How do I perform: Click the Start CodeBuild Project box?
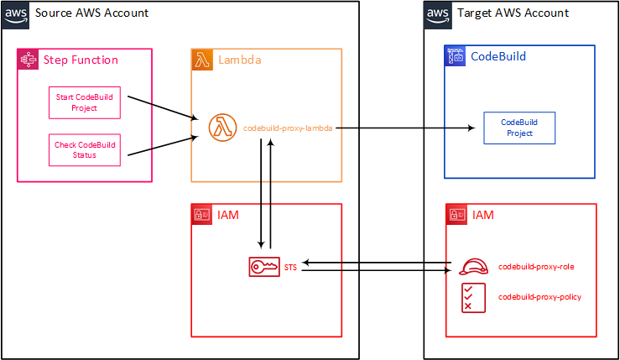pos(85,103)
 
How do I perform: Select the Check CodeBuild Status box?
pos(85,150)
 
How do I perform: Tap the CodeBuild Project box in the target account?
pos(519,128)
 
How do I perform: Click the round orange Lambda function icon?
pos(222,128)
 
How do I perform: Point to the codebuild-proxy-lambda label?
pos(288,128)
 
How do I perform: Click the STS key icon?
pos(264,267)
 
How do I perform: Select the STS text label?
pos(290,268)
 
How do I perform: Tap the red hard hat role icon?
pos(473,267)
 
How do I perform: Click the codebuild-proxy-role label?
pos(536,267)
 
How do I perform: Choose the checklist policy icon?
pos(473,298)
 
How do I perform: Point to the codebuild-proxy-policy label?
pos(539,297)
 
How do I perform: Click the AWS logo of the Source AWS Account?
pos(15,15)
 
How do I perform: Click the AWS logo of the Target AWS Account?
pos(438,15)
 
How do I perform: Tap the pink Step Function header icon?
pos(28,60)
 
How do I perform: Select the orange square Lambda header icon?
pos(202,60)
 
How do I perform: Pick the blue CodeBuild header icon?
pos(455,55)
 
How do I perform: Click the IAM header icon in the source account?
pos(202,215)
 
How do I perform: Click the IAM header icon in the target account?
pos(456,215)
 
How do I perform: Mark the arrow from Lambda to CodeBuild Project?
pos(405,128)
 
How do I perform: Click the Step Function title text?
pos(81,60)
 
